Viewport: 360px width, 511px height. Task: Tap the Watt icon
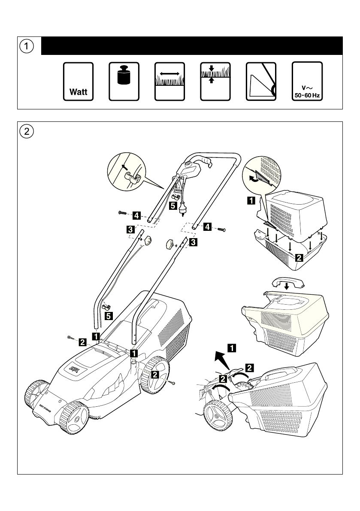[x=78, y=82]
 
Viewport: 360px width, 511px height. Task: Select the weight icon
[x=124, y=82]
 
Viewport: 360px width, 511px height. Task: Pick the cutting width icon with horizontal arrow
[x=169, y=82]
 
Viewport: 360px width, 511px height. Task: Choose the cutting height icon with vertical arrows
[x=215, y=82]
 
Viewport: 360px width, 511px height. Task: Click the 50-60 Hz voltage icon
[x=307, y=82]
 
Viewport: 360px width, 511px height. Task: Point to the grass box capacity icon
[x=261, y=82]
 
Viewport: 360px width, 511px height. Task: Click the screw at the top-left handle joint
[x=121, y=213]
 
